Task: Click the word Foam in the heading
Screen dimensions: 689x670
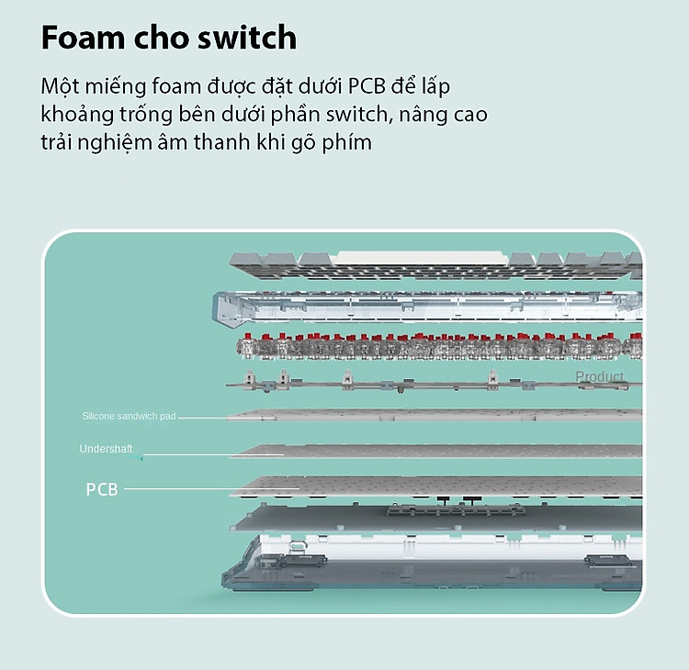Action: [83, 38]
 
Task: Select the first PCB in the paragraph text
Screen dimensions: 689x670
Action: [367, 86]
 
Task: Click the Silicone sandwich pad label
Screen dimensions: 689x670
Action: [129, 416]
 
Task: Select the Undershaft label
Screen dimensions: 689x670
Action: [106, 449]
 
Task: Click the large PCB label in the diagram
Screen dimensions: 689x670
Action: [102, 489]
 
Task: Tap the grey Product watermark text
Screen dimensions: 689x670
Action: [599, 376]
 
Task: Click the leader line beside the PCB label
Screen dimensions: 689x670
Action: [211, 488]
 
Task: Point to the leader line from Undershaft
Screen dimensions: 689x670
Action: [213, 455]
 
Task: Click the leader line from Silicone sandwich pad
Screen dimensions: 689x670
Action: [227, 418]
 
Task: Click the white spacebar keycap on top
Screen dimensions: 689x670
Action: [420, 258]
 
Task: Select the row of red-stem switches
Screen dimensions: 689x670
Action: [439, 347]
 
